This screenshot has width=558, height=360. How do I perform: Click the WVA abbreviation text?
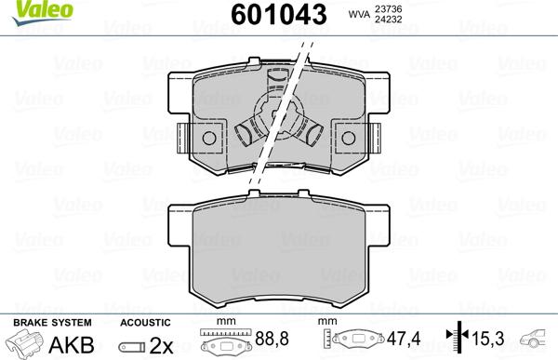(x=383, y=15)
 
